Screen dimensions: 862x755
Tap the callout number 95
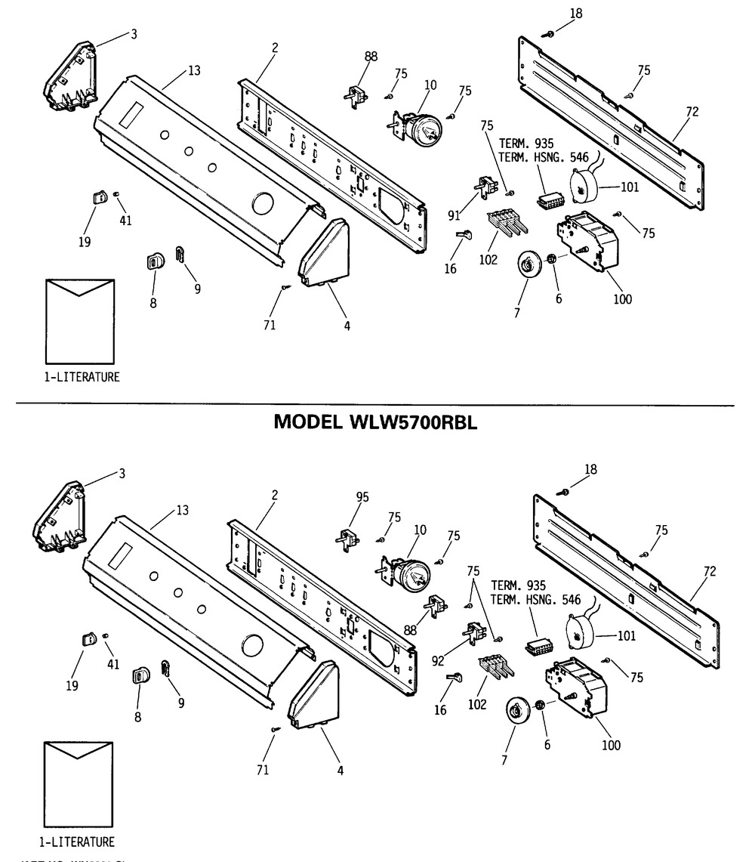(x=362, y=496)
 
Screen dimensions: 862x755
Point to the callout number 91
(x=454, y=215)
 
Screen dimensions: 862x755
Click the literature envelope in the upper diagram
(x=79, y=323)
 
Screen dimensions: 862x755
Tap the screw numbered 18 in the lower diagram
(x=565, y=492)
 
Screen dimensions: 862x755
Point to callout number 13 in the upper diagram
(x=194, y=71)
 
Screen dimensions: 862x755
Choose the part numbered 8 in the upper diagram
(x=153, y=262)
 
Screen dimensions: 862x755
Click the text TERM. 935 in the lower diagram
(x=520, y=585)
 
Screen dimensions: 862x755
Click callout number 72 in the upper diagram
(x=692, y=112)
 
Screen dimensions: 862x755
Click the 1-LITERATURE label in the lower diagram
(x=78, y=842)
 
